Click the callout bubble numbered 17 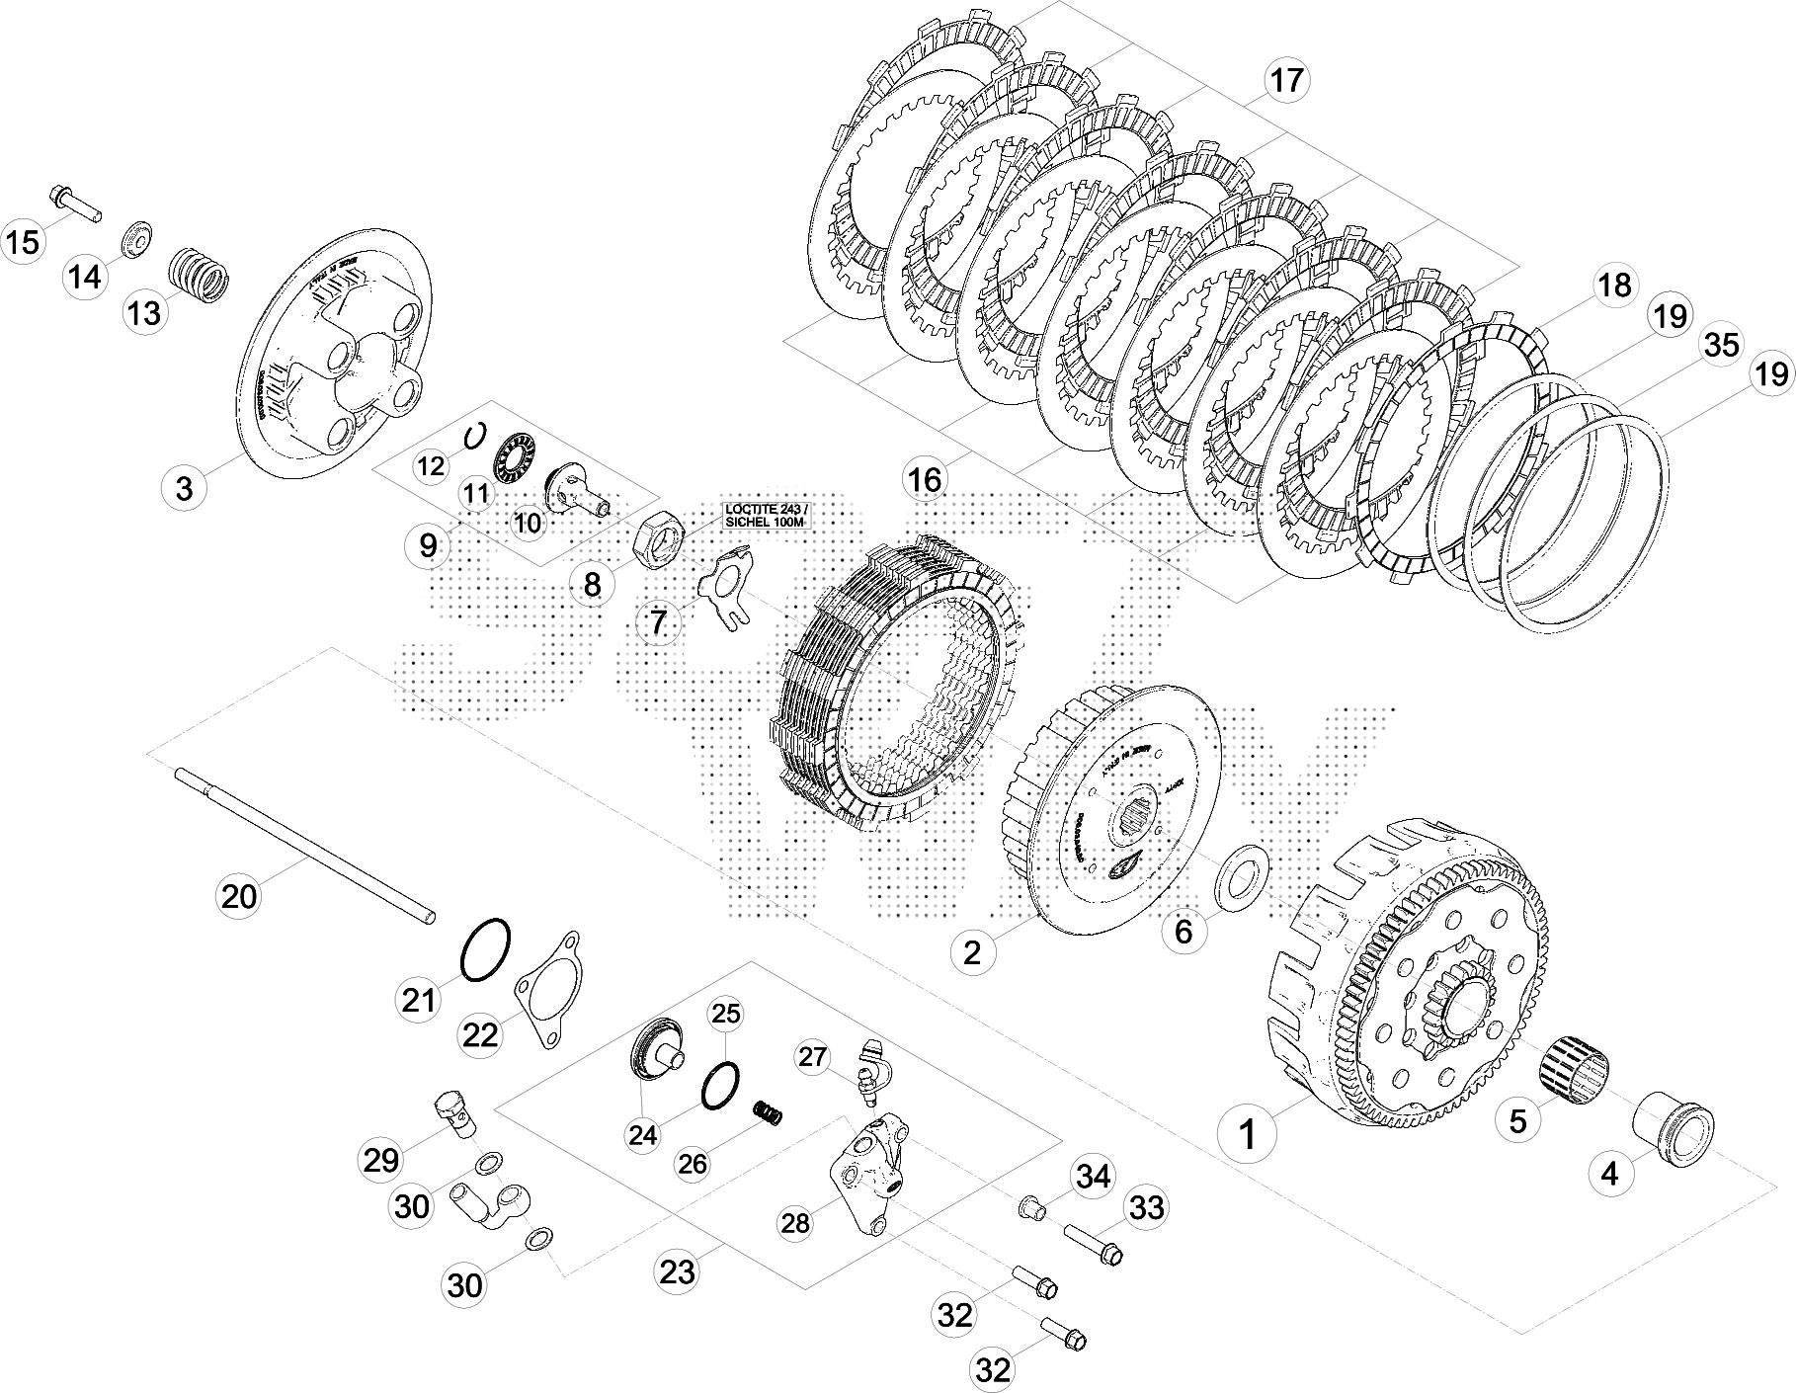point(1286,81)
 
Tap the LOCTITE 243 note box point(766,516)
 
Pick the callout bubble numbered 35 point(1721,346)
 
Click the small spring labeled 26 point(771,1112)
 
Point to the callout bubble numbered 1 point(1248,1135)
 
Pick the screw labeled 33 point(1096,1243)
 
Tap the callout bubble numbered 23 point(678,1270)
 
